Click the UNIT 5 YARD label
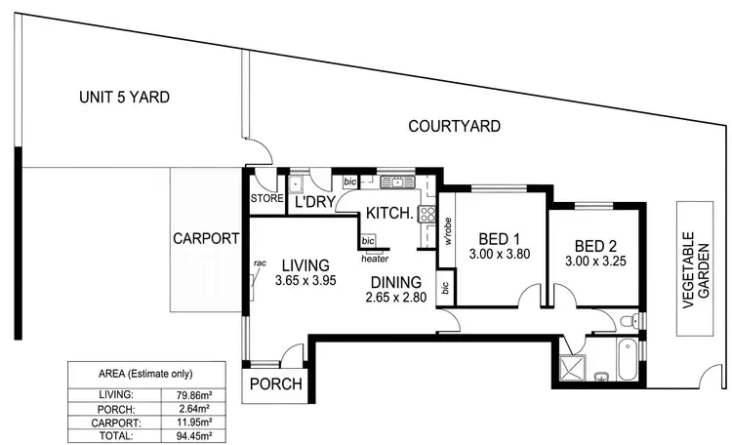click(x=125, y=97)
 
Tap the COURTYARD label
click(x=454, y=126)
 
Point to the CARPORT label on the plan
click(x=206, y=237)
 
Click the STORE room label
click(x=266, y=199)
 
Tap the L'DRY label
click(x=316, y=203)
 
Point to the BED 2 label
click(x=596, y=246)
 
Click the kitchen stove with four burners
click(x=427, y=216)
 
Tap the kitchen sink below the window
click(x=397, y=182)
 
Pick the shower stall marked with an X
click(x=568, y=369)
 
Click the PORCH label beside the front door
click(x=275, y=384)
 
